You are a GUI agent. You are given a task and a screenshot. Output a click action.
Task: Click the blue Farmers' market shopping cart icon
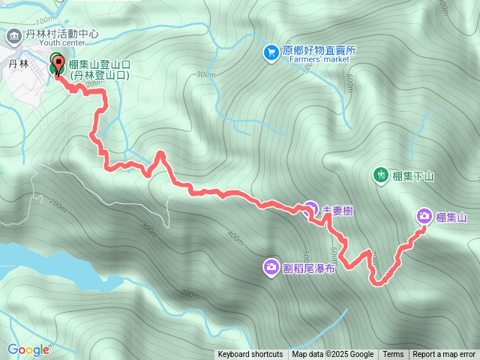tap(271, 52)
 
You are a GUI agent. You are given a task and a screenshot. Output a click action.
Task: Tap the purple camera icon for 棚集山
tap(424, 217)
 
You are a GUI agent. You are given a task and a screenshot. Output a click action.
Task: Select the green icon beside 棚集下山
tap(381, 175)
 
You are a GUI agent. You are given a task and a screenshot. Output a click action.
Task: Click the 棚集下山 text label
tap(413, 176)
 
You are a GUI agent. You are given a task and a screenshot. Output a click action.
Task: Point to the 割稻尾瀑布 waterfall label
tap(310, 268)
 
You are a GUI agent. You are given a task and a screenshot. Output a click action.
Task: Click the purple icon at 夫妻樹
tap(310, 208)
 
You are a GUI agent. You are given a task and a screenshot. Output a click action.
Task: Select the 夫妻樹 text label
tap(337, 211)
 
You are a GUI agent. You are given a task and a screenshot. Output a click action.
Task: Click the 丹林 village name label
tap(18, 65)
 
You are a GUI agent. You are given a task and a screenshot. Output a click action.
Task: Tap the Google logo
tap(28, 349)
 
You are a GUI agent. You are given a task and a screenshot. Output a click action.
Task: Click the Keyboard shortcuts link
tap(250, 355)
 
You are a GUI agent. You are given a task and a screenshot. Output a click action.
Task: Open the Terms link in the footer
tap(393, 355)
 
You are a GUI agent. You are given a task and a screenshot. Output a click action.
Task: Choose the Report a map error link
tap(444, 355)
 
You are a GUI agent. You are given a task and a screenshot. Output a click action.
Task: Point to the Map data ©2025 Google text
tap(332, 355)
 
